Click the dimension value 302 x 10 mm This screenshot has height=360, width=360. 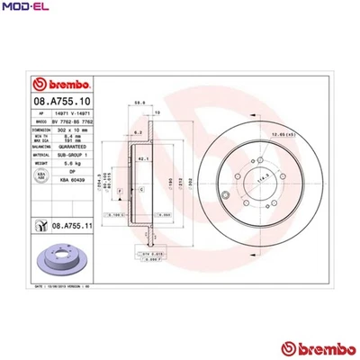pos(75,131)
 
